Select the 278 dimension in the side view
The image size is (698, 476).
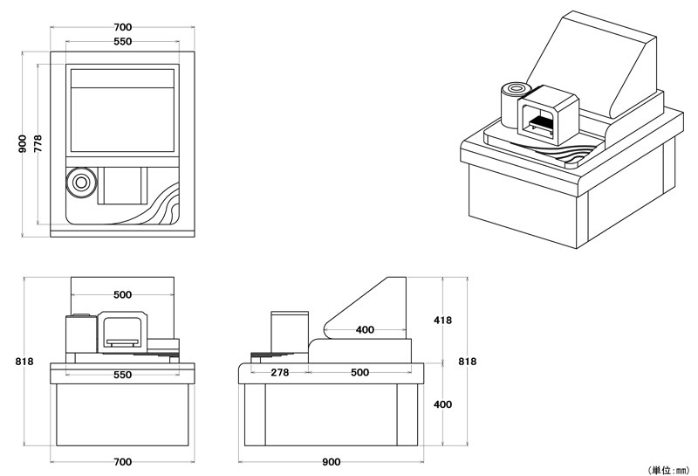point(279,373)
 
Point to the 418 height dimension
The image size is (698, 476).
point(442,321)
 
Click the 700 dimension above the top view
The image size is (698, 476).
point(122,28)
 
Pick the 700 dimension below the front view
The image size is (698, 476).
point(122,461)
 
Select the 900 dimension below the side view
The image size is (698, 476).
point(332,461)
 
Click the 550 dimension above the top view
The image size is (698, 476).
point(122,42)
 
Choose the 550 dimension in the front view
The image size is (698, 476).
point(122,375)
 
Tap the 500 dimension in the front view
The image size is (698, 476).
point(122,294)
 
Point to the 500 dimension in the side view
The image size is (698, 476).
point(359,373)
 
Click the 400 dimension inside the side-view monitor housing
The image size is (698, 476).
point(365,330)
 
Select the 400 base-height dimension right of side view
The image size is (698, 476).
point(442,404)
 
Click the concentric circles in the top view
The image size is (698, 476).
point(81,183)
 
